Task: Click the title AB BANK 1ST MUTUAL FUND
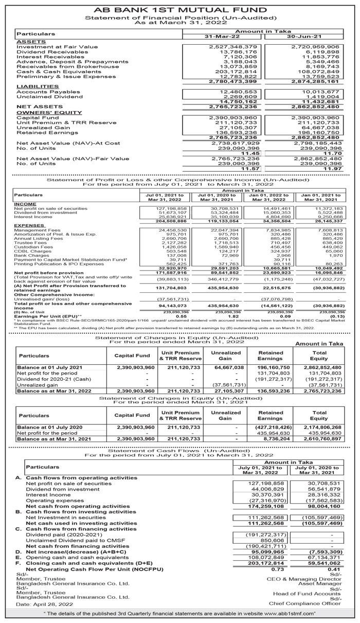pyautogui.click(x=180, y=10)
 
